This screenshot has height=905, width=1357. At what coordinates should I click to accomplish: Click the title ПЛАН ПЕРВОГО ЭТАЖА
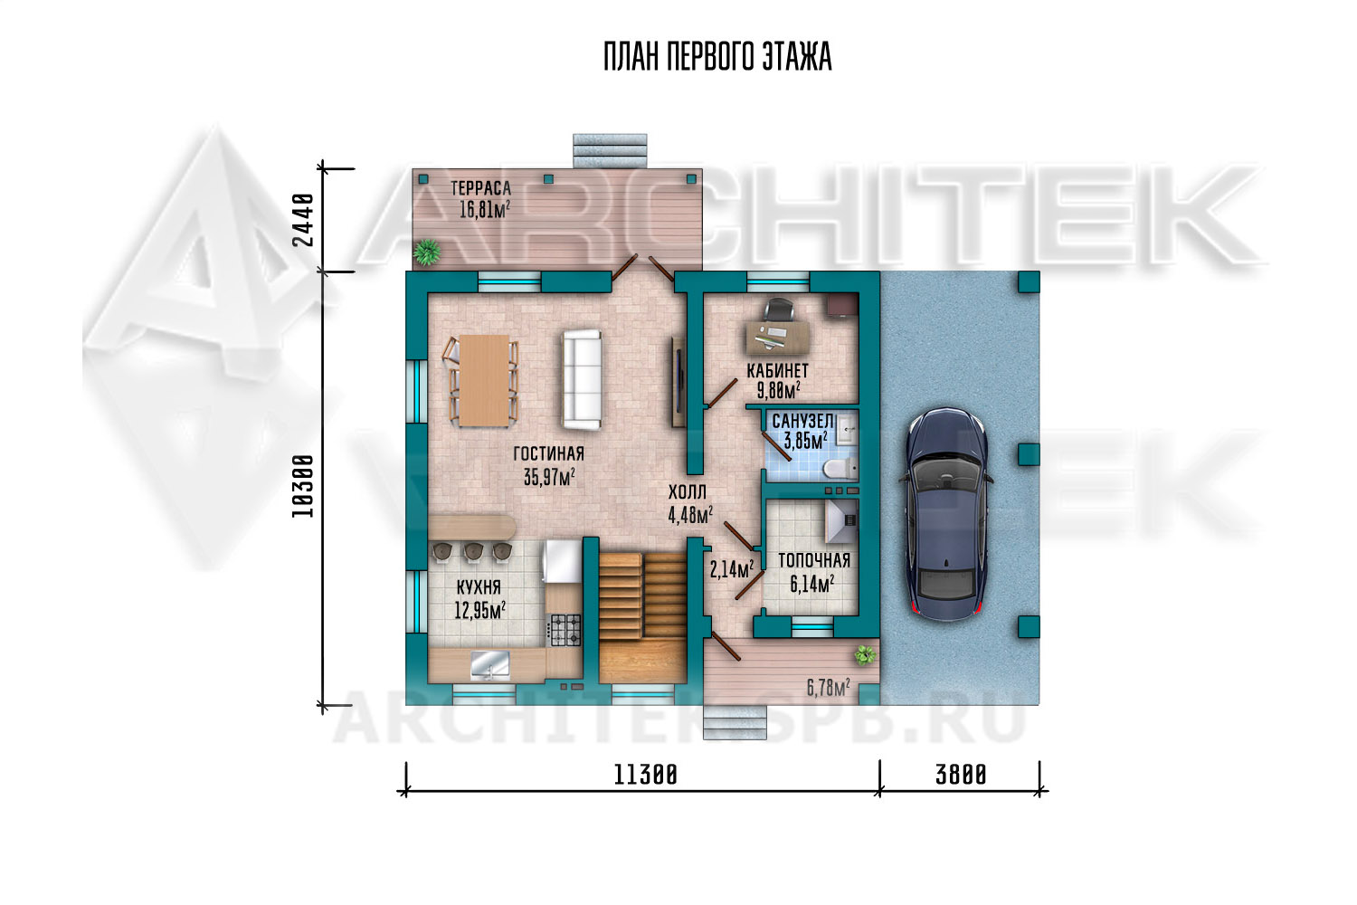[717, 57]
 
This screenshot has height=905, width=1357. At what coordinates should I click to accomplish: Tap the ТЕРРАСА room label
[480, 188]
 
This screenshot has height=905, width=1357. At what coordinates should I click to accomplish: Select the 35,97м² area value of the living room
[549, 477]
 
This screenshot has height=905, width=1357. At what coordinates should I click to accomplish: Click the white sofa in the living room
[583, 379]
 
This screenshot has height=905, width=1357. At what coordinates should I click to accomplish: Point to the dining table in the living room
[484, 381]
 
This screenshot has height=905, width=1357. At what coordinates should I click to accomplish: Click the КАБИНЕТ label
[777, 370]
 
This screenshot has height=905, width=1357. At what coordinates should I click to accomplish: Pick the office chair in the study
[778, 310]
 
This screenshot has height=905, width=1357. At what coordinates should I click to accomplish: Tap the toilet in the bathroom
[839, 468]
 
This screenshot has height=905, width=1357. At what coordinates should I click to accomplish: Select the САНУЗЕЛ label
[802, 420]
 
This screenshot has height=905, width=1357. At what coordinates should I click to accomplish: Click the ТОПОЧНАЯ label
[814, 560]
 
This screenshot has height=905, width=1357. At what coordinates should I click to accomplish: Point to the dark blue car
[946, 514]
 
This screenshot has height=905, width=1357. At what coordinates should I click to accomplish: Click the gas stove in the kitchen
[564, 630]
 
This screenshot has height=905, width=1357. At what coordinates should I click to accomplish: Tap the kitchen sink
[489, 665]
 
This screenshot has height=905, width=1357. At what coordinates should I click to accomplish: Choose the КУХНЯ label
[479, 586]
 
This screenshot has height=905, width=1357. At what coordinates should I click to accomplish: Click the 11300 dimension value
[645, 776]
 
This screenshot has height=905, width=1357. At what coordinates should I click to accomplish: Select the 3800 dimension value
[961, 776]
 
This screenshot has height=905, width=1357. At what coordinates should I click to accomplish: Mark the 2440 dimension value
[303, 219]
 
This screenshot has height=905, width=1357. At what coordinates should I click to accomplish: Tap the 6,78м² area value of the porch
[828, 688]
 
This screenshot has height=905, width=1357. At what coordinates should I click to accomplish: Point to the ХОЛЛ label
[687, 491]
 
